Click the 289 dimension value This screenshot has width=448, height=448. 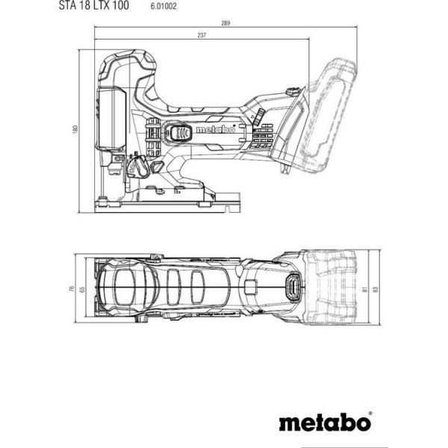tap(225, 23)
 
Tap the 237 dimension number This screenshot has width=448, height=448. tap(202, 35)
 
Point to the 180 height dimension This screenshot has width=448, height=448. tap(75, 129)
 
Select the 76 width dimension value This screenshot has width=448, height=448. tap(72, 288)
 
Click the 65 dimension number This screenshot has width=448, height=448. tap(83, 289)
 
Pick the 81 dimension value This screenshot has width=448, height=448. tap(365, 290)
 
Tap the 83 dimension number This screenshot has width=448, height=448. tap(376, 289)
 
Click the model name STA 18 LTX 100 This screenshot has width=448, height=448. tap(94, 5)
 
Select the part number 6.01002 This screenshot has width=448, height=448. tap(164, 6)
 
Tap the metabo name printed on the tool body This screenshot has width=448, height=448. tap(216, 130)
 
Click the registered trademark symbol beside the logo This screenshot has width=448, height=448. tap(370, 414)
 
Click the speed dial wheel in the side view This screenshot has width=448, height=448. tap(260, 116)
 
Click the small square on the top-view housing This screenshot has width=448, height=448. tap(251, 287)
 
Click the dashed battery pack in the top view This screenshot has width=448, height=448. tap(332, 287)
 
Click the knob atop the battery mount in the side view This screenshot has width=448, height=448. tap(293, 91)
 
